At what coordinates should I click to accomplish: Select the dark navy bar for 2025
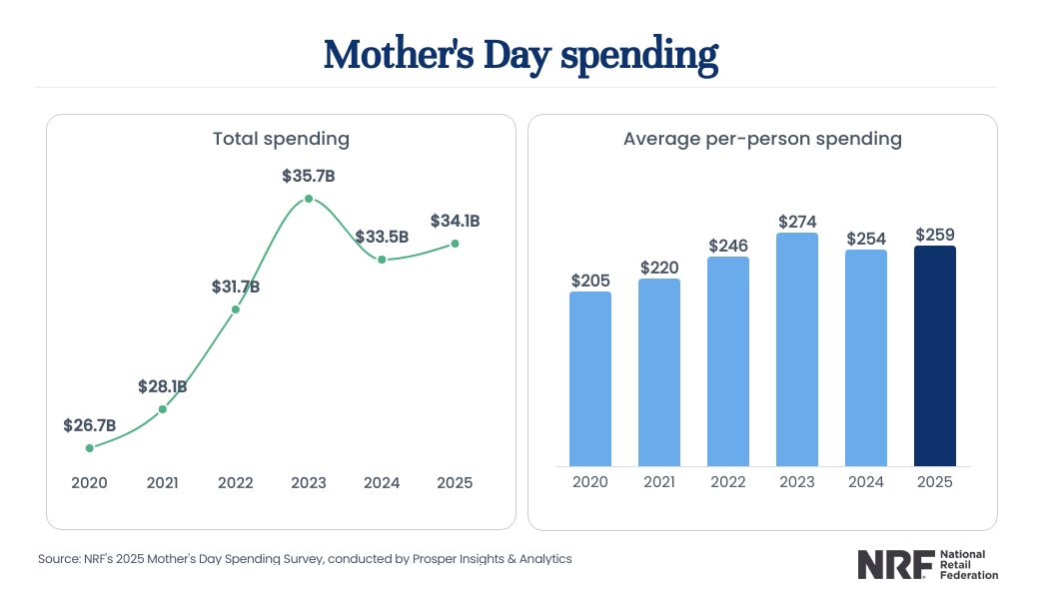(x=935, y=356)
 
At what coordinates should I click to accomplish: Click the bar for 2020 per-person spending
(x=590, y=379)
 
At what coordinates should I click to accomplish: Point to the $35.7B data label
(x=309, y=177)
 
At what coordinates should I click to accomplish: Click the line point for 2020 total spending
(x=90, y=448)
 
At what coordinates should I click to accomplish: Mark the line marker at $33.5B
(x=382, y=259)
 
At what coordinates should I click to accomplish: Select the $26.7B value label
(x=90, y=425)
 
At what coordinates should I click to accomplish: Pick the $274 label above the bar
(x=797, y=221)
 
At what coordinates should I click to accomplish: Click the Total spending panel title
(x=281, y=139)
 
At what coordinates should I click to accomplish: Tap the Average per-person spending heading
(x=762, y=139)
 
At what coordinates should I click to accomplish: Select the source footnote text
(x=305, y=559)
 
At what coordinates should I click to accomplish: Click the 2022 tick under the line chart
(x=236, y=482)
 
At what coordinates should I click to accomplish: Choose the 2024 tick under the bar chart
(x=866, y=482)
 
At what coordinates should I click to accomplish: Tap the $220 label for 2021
(x=659, y=267)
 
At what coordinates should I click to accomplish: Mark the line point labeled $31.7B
(x=236, y=309)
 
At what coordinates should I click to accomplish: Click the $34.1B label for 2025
(x=456, y=221)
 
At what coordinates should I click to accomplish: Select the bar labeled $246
(x=728, y=361)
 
